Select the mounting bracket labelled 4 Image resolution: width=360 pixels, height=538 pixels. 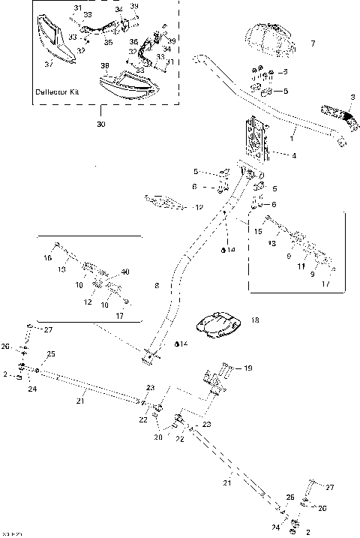point(256,140)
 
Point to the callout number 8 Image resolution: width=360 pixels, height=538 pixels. point(157,285)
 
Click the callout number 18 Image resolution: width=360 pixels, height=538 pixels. point(255,320)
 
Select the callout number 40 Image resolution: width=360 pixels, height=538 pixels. point(125,272)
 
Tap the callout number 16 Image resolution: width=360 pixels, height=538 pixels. point(48,257)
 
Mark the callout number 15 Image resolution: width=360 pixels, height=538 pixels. point(257,232)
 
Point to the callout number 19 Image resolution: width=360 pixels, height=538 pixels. point(248,368)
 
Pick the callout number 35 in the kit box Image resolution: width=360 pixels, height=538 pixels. point(108,44)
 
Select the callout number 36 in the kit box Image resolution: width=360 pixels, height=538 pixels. point(133,42)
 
